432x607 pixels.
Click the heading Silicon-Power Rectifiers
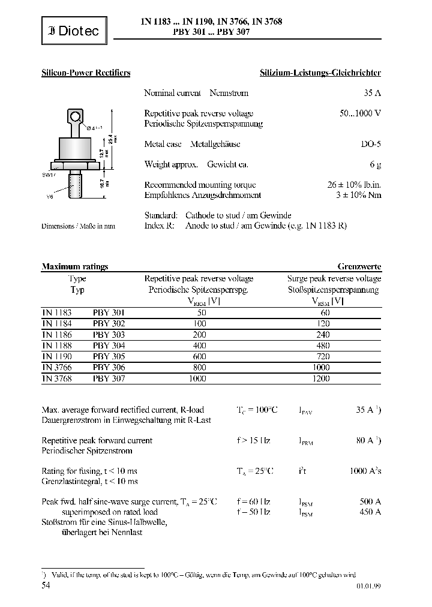[86, 73]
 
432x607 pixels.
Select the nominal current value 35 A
[372, 93]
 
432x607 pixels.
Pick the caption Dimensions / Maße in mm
[78, 226]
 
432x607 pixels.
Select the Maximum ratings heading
[74, 267]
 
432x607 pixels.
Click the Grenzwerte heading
[359, 267]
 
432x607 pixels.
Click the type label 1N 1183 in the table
[56, 312]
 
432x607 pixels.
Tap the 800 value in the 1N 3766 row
[200, 368]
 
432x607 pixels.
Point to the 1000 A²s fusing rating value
[365, 471]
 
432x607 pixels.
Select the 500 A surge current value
[370, 501]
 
